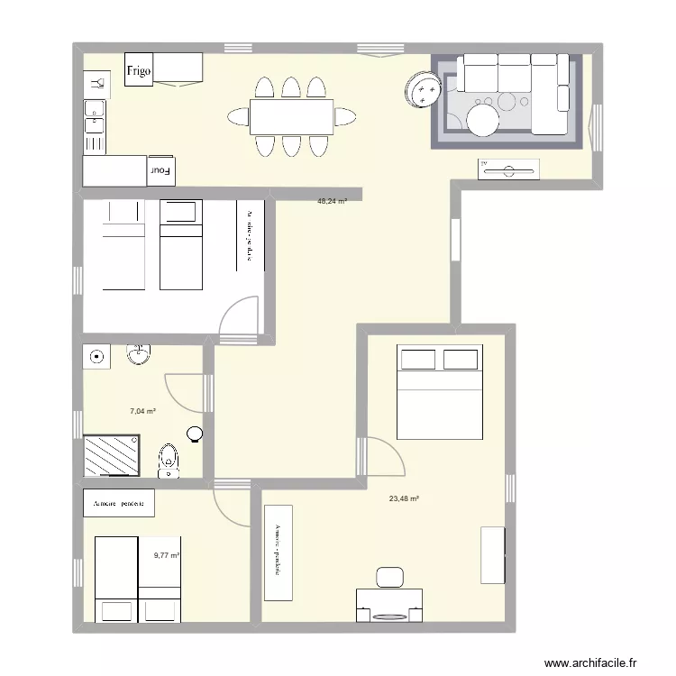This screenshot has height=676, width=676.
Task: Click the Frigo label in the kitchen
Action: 138,69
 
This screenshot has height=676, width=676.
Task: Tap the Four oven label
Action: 160,169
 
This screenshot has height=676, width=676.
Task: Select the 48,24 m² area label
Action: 332,202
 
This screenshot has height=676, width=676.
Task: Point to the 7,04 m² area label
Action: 142,411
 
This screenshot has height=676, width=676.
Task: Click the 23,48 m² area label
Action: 404,498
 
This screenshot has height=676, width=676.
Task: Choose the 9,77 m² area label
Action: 167,556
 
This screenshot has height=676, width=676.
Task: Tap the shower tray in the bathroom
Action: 112,455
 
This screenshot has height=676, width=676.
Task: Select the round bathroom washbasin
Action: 138,356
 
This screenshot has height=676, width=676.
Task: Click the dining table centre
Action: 291,116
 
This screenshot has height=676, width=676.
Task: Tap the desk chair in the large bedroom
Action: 390,577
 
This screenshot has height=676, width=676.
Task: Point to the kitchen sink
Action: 94,113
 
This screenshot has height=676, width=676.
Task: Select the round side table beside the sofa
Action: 424,91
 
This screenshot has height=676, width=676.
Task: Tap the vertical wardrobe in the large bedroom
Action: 279,553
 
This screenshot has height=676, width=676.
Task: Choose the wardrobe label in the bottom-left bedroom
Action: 118,504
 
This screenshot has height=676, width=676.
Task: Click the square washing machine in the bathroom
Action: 96,357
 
